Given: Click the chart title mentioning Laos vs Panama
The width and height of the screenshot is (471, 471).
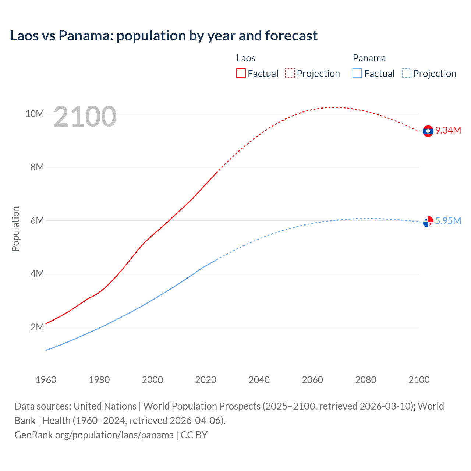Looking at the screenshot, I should pos(163,36).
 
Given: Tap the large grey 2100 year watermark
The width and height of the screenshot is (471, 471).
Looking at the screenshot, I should pos(85,117).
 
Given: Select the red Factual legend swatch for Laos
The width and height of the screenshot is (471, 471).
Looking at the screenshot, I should pos(241,73).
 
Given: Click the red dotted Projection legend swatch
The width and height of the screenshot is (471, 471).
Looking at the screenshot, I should pos(290,73).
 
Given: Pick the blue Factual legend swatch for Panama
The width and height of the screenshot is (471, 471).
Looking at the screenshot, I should pos(357,73).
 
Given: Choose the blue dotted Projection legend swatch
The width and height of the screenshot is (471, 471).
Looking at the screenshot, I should pos(406,73).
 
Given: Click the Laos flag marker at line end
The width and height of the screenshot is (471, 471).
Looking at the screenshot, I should pos(428,131).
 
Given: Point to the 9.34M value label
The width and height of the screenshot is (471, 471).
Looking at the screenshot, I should pos(448,131).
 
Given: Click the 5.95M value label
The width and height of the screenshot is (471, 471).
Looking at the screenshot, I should pos(448,221).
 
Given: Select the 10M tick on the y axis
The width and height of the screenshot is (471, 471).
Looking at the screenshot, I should pos(35,114).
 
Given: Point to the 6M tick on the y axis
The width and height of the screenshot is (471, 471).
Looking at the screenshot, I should pos(37,220).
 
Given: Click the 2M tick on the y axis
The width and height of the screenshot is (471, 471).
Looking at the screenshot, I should pos(37,327).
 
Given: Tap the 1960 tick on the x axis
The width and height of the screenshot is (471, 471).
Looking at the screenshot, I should pos(46,380).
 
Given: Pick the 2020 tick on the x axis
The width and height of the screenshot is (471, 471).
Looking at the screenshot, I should pos(206,380).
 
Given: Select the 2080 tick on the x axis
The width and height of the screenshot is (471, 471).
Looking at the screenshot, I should pos(366,380).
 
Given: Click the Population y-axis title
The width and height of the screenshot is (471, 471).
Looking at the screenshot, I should pos(15,229).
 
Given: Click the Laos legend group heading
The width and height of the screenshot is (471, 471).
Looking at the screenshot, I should pos(245,58).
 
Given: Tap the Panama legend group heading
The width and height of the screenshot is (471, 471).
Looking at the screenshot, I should pos(369,58).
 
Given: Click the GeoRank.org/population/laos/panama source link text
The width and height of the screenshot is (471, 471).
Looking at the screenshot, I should pos(94,435).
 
